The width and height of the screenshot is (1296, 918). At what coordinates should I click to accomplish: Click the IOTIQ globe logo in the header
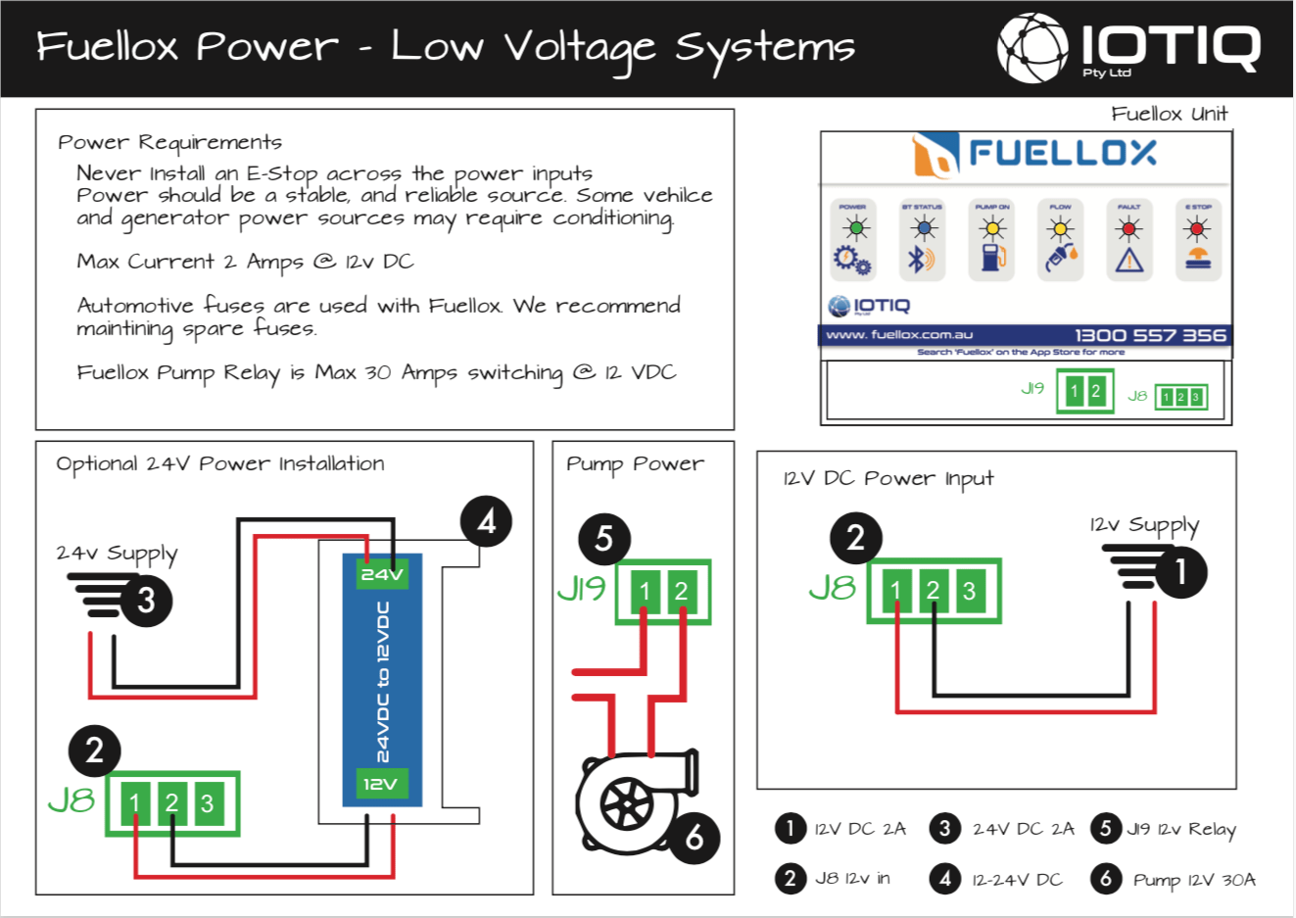1032,48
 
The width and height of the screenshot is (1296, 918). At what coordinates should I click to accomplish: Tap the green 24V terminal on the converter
382,574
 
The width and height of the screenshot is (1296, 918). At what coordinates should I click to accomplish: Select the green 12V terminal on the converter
381,784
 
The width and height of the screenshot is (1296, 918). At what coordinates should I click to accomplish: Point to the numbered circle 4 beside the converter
486,522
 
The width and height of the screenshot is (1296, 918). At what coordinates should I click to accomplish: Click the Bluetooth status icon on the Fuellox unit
921,260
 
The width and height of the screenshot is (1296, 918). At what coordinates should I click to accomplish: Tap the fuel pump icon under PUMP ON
992,259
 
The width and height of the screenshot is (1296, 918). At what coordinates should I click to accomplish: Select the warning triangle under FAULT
1128,260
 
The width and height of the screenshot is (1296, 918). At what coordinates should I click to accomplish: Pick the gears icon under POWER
852,261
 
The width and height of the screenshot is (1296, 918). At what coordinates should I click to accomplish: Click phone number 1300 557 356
1150,335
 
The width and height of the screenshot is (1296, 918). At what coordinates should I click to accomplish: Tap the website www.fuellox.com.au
899,335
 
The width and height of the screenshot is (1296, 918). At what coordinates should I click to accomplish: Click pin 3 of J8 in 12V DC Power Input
969,591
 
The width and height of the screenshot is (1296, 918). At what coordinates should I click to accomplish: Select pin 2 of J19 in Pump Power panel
681,592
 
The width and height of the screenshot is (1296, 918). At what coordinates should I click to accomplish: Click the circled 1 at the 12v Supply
1180,571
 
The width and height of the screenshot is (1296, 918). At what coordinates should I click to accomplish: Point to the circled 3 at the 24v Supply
146,600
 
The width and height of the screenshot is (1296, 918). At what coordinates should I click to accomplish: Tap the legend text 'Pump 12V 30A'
1193,880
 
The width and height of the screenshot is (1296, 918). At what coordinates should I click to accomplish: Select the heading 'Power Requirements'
169,143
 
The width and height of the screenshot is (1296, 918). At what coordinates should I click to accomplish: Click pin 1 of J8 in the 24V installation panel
135,804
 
